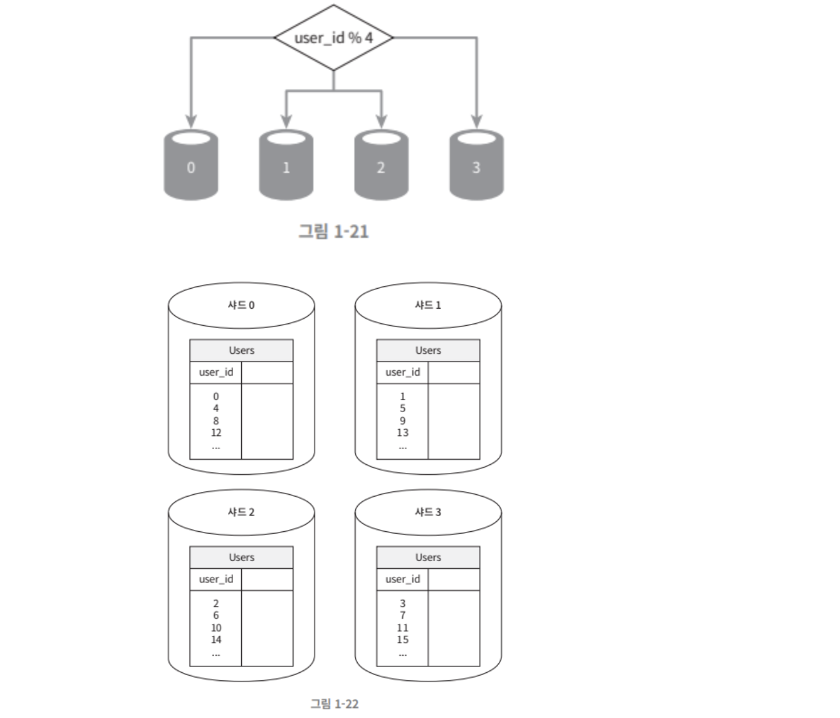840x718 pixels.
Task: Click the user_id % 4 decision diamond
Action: coord(333,38)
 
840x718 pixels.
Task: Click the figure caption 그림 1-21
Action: coord(333,231)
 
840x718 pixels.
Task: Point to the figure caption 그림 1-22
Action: coord(335,703)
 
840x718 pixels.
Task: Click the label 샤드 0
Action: coord(241,305)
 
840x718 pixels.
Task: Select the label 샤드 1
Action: coord(428,305)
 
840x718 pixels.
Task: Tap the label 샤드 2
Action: coord(241,512)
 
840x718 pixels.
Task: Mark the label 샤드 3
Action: coord(428,512)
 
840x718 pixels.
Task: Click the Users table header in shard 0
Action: coord(241,350)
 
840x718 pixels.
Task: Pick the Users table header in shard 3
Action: coord(428,557)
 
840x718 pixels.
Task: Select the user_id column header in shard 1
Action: coord(403,372)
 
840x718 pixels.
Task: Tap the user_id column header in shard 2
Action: coord(216,579)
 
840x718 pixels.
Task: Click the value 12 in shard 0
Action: coord(216,433)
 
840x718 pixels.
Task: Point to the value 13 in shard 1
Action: coord(403,433)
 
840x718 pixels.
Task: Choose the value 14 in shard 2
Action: coord(216,640)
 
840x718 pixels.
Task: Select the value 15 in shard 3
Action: coord(403,640)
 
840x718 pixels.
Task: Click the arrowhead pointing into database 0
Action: coord(191,121)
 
